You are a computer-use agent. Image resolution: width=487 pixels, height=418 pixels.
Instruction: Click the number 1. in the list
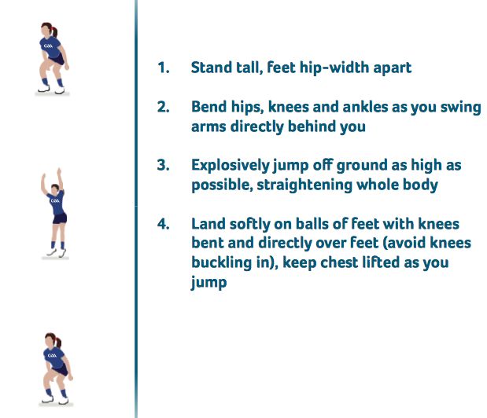[164, 68]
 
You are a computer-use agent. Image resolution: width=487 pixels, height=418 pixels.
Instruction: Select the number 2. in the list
[164, 107]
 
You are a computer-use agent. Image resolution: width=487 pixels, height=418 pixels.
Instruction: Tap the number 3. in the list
[164, 165]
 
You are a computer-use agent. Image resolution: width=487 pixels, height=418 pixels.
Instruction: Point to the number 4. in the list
[164, 224]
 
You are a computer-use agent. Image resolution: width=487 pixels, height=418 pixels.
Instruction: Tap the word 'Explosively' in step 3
[231, 166]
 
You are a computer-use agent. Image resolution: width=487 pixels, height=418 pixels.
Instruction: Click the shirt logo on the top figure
[48, 46]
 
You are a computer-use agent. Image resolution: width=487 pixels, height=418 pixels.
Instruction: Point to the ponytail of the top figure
[55, 32]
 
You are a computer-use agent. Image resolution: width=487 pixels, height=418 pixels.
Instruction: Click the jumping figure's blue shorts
[60, 218]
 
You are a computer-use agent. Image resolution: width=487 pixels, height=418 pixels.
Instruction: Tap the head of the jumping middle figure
[55, 189]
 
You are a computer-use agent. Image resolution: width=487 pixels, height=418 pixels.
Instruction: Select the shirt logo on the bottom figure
[52, 355]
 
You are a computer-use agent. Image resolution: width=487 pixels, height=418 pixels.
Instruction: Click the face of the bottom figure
[49, 342]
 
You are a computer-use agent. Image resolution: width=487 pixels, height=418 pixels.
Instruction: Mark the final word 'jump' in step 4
[208, 283]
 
